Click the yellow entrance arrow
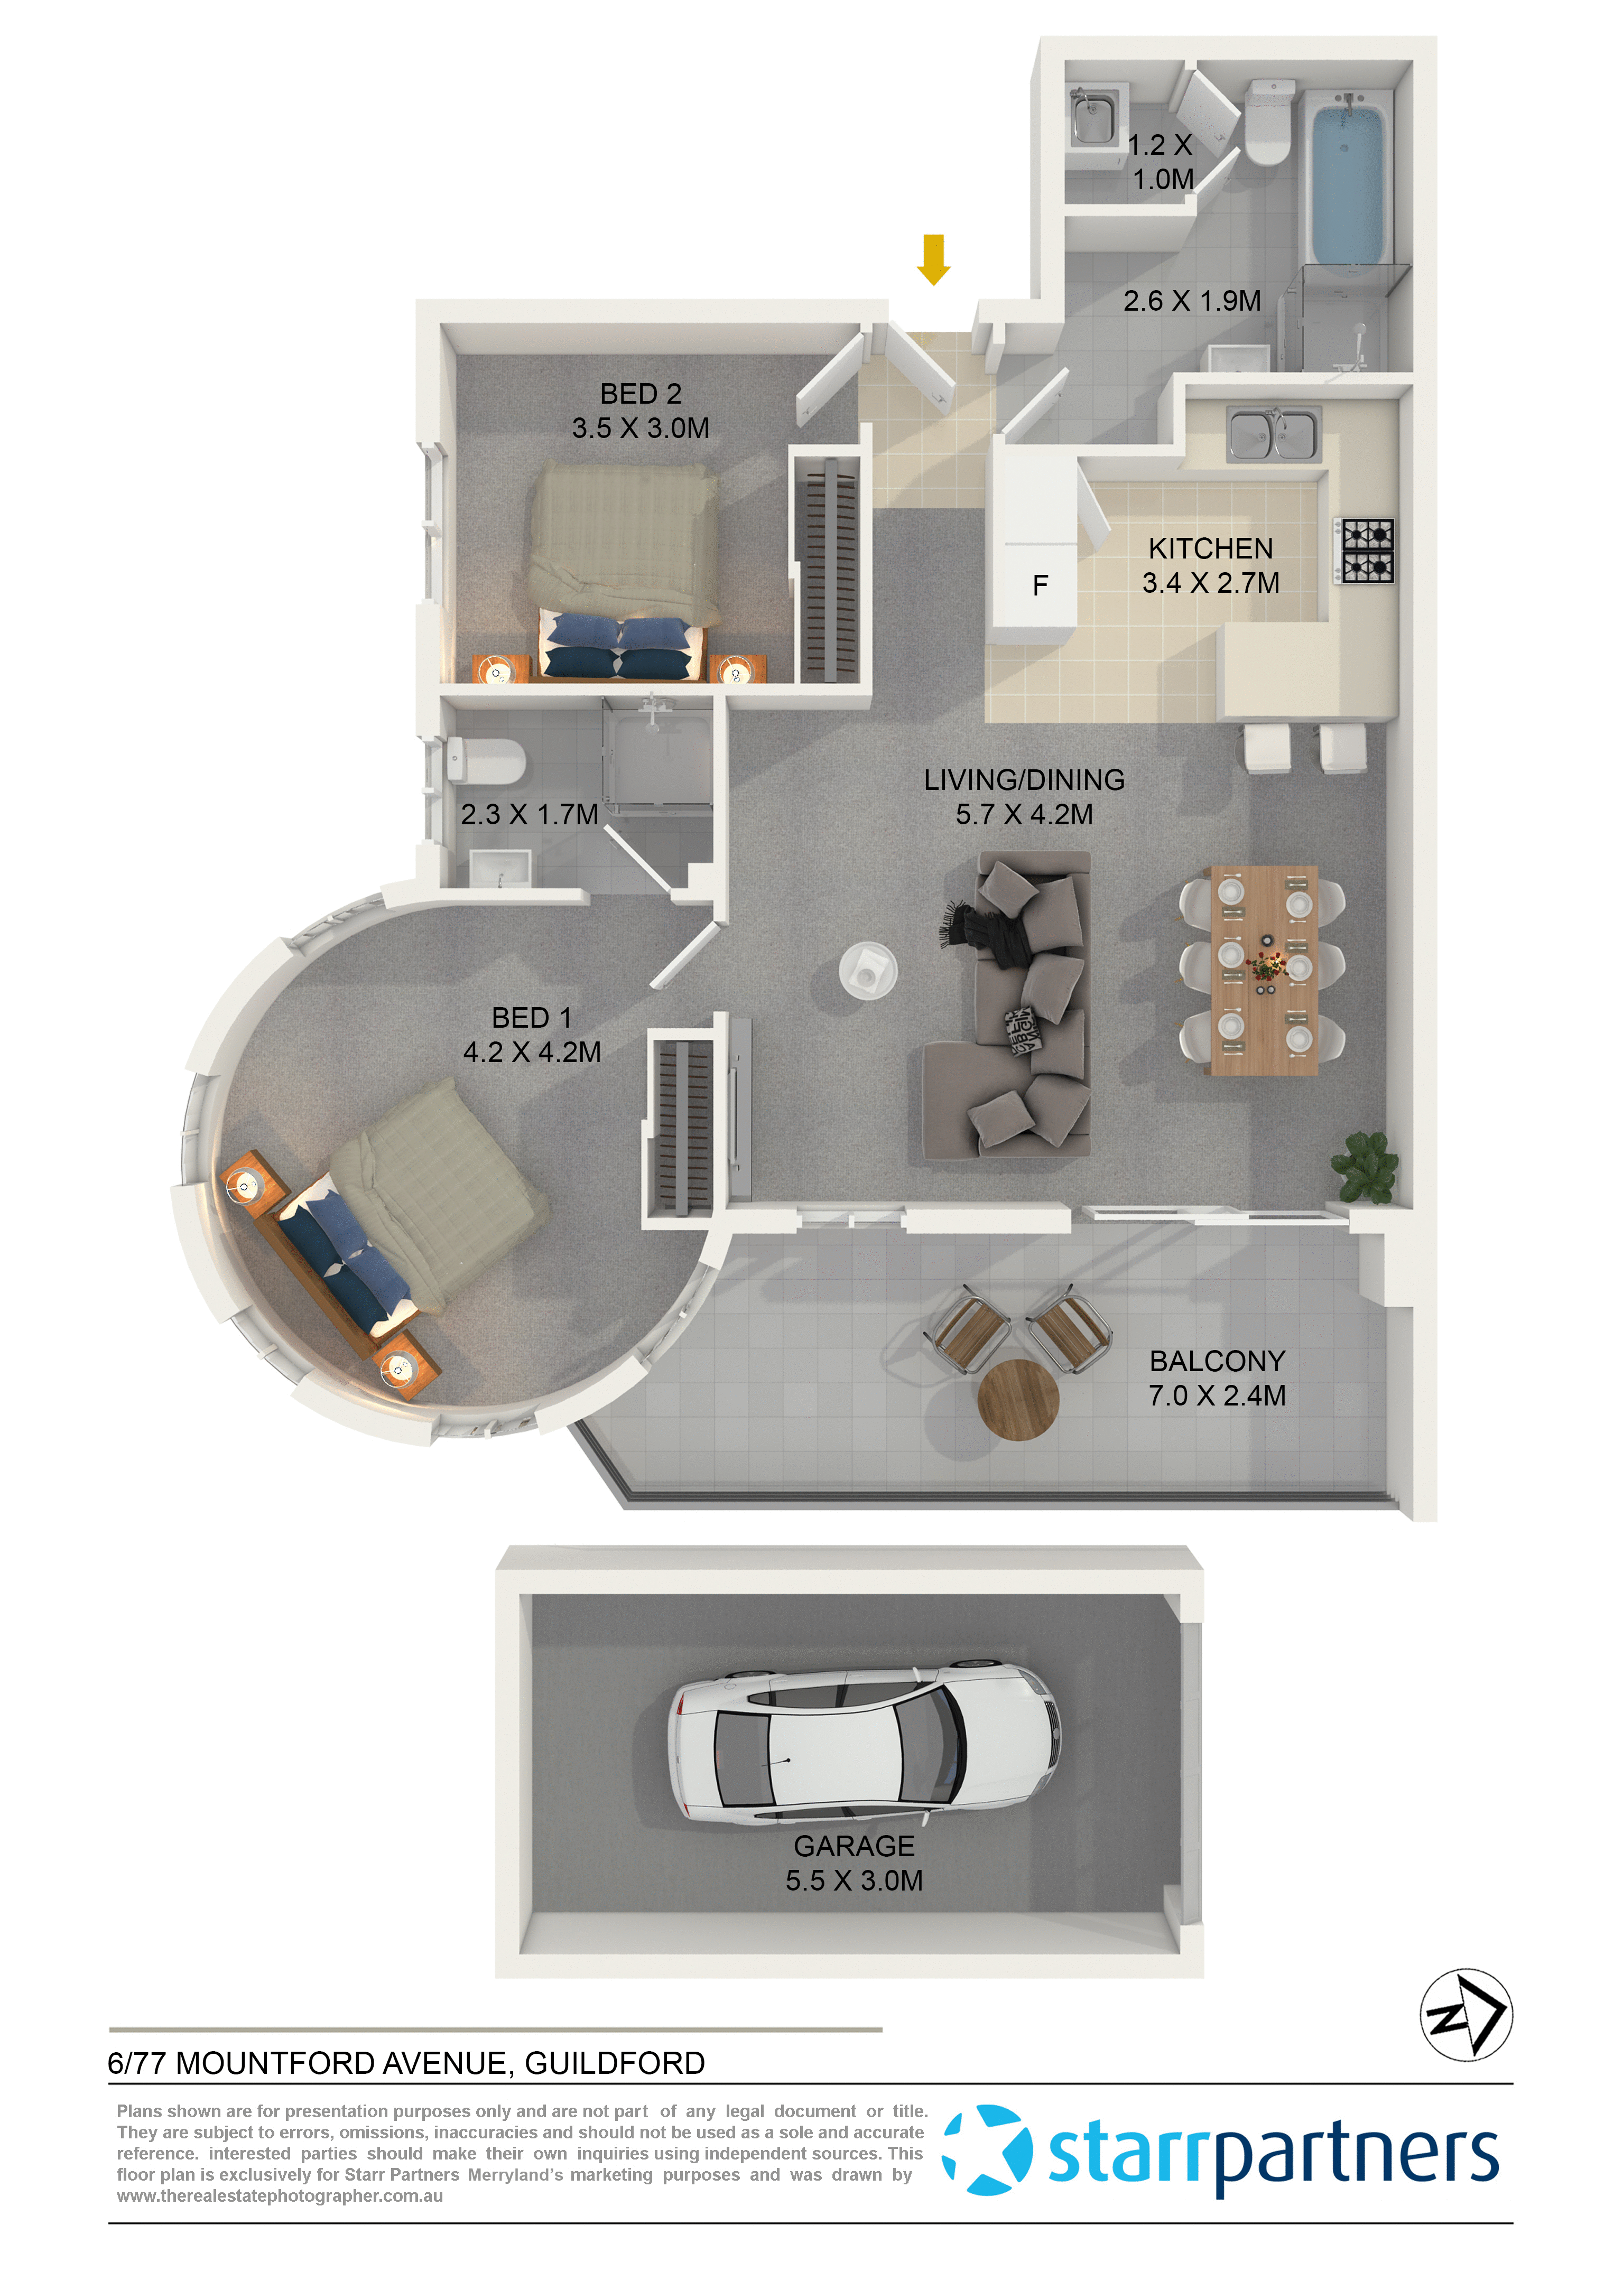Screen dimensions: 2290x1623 (x=933, y=259)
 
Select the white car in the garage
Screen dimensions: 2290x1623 (x=865, y=1745)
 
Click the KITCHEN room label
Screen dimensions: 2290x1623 (x=1210, y=548)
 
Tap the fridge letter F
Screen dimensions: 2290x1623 (x=1041, y=585)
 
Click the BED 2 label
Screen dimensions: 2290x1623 (x=641, y=394)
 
